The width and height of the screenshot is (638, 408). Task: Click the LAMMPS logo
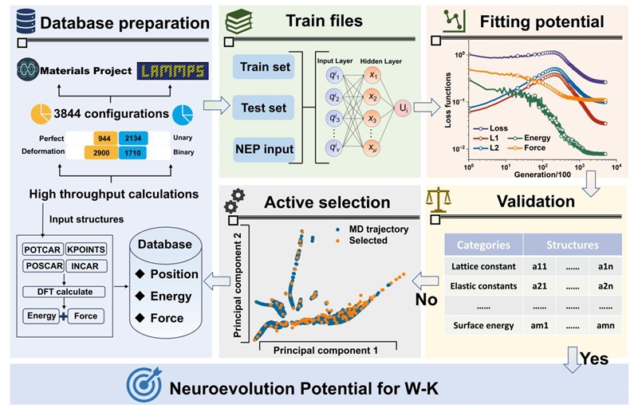174,71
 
